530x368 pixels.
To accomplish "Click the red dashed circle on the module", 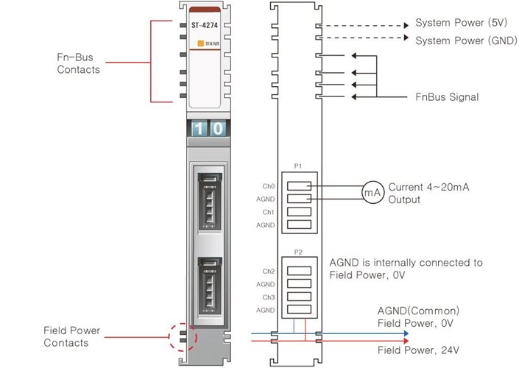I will tap(183, 335).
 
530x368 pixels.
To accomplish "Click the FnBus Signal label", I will tap(447, 96).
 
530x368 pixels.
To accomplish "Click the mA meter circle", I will tap(372, 192).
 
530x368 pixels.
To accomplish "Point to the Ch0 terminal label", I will tap(269, 186).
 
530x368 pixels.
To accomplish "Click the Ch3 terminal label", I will tap(269, 297).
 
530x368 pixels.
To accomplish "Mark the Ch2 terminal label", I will tap(269, 272).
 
